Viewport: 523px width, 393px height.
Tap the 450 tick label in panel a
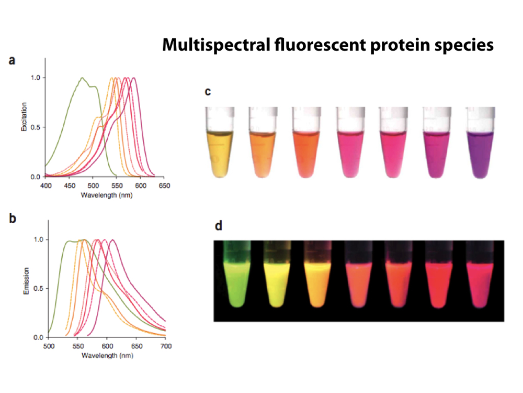(69, 186)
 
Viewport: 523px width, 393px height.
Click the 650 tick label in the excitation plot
(164, 186)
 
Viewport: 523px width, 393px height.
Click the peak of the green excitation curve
(82, 78)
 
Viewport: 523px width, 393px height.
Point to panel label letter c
(208, 92)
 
